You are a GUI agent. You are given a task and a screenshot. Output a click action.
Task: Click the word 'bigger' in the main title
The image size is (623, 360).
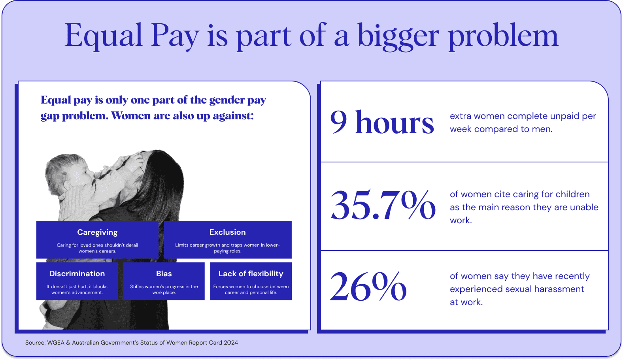[x=398, y=36]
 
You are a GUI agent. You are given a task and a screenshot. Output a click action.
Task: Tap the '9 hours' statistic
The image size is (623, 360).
[x=382, y=123]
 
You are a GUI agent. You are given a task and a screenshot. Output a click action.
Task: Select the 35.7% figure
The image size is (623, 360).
[x=383, y=205]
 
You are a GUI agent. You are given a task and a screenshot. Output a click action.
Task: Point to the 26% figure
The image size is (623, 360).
[x=368, y=286]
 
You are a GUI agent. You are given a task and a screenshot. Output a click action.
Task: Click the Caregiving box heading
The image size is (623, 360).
[x=97, y=232]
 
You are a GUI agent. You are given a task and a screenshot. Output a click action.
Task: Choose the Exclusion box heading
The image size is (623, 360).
[x=228, y=232]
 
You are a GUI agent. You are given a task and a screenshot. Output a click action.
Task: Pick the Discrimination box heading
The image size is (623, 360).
[x=77, y=273]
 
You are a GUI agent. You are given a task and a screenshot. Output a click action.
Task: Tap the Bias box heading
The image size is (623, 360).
[x=164, y=273]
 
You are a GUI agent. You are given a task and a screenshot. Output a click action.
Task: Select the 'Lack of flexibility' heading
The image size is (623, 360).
[x=251, y=273]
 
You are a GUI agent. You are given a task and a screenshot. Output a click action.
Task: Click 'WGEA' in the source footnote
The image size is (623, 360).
[x=56, y=343]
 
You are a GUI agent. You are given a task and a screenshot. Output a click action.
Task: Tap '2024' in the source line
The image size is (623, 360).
[x=231, y=343]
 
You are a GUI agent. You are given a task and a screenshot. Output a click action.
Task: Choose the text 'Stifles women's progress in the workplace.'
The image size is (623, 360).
[x=164, y=289]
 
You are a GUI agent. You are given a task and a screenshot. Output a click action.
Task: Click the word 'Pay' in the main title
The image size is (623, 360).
[x=175, y=36]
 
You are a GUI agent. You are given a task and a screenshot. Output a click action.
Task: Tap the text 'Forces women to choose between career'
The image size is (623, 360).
[x=251, y=289]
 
